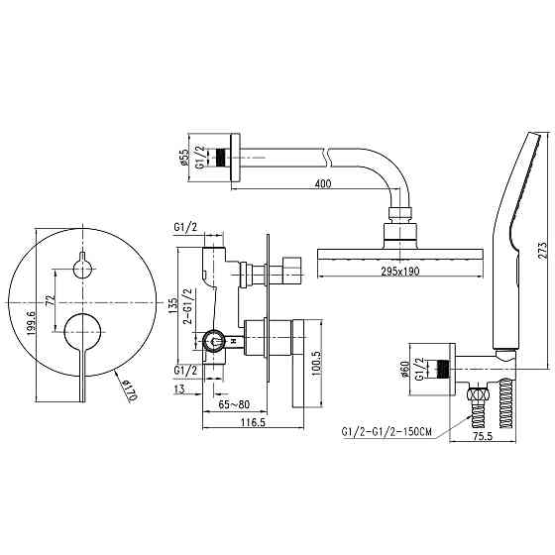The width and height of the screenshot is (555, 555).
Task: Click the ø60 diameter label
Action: coord(407,370)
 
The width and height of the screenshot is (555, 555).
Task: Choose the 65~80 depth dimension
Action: coord(235,406)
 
